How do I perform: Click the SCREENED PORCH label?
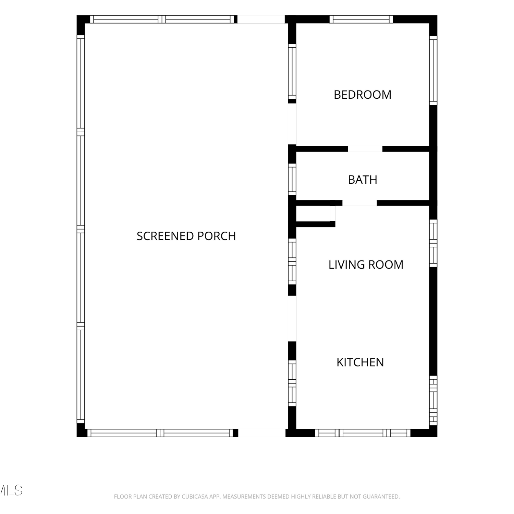click(x=186, y=236)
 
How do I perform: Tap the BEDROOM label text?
click(x=363, y=95)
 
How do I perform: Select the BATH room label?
click(x=363, y=180)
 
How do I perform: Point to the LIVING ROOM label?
click(x=366, y=265)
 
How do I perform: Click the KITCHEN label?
click(x=360, y=362)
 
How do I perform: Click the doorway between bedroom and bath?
click(x=365, y=149)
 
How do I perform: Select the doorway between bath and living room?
click(x=359, y=203)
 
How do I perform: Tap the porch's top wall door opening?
click(x=261, y=19)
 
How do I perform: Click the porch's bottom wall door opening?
click(x=262, y=433)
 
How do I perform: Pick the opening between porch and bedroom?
click(x=292, y=124)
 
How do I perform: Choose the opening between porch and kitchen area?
click(x=292, y=318)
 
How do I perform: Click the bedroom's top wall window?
click(x=361, y=19)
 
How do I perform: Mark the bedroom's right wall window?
click(x=433, y=70)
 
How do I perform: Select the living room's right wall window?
click(x=433, y=243)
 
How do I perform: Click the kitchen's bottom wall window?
click(x=363, y=433)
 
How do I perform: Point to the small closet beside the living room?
click(x=315, y=214)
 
